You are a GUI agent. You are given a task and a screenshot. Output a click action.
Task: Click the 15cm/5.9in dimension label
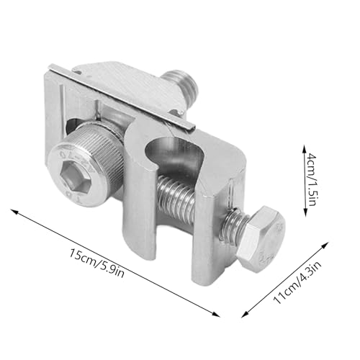tap(96, 263)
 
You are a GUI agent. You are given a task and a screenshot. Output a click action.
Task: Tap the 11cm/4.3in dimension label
tap(297, 283)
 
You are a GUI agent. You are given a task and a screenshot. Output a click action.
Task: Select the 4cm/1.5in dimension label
tap(312, 179)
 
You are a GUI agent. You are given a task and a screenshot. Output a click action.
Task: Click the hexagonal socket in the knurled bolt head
tap(78, 176)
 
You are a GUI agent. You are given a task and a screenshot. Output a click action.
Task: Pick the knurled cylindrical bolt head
tap(86, 166)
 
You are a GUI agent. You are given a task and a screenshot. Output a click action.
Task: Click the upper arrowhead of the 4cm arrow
tap(304, 148)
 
